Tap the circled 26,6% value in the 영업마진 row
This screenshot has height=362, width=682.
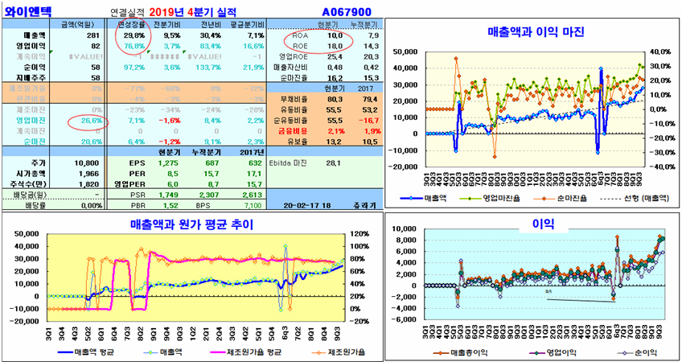89,120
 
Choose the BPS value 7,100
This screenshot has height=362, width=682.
249,204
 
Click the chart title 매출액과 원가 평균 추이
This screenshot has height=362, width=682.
194,224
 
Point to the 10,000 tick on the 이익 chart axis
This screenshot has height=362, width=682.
407,228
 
